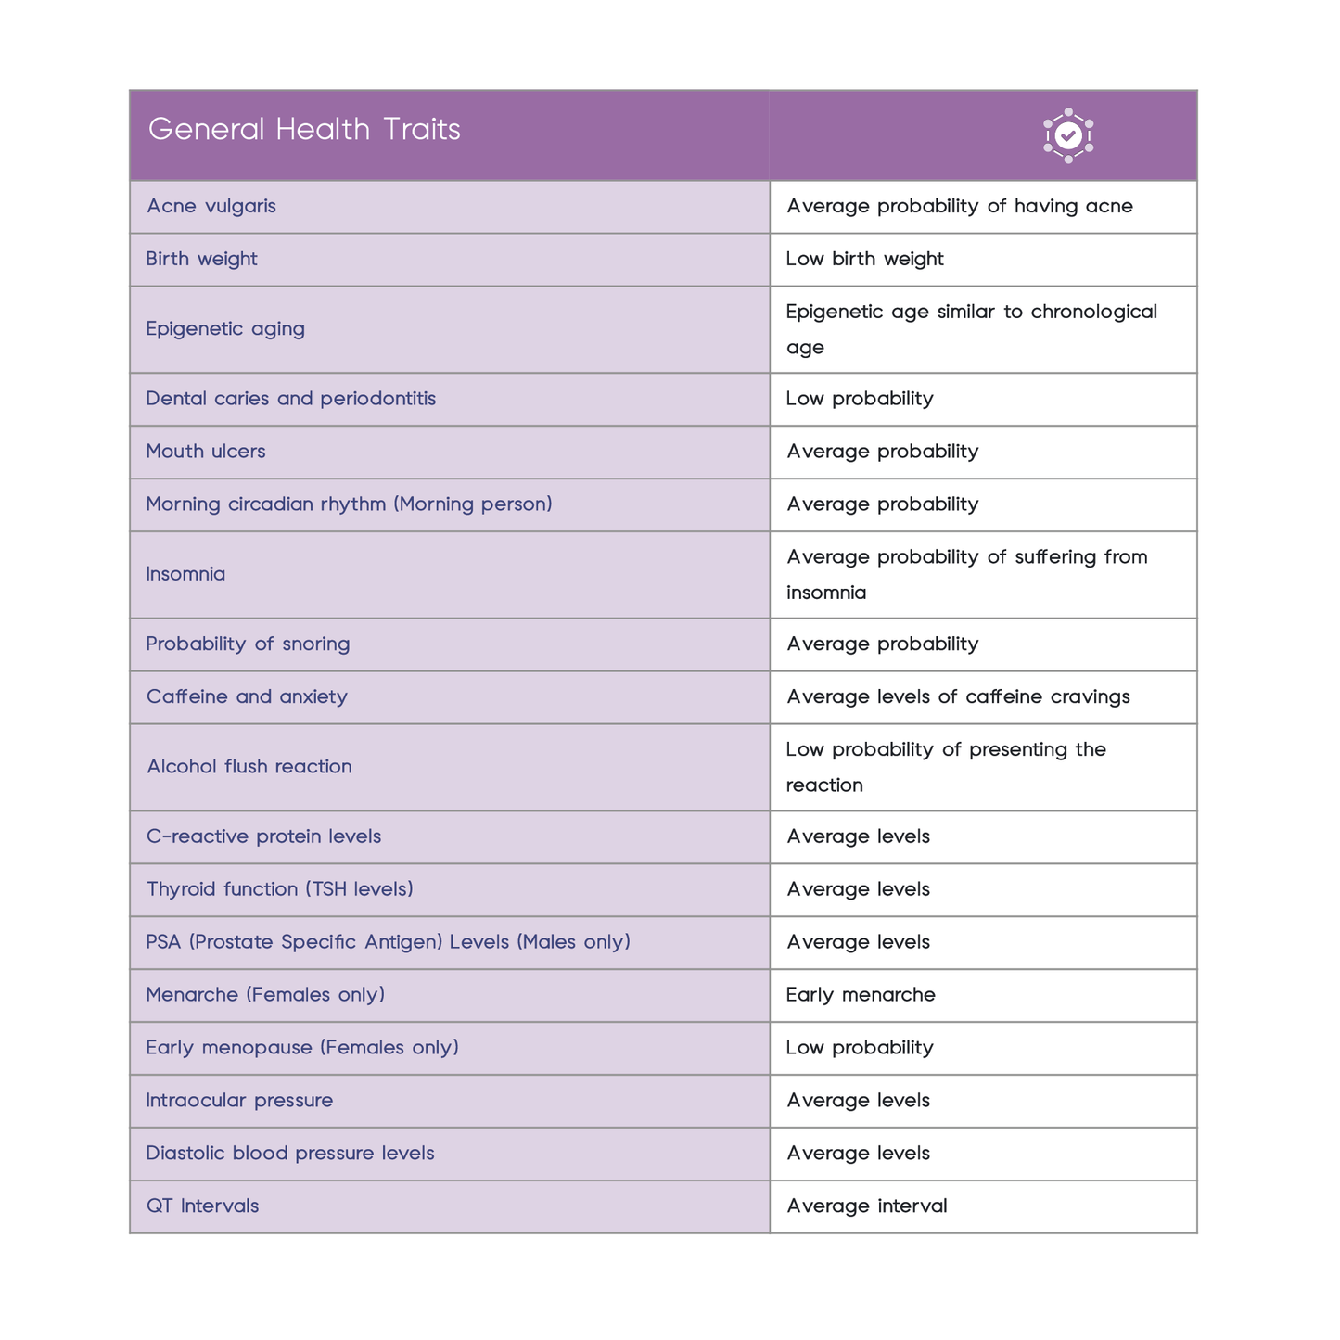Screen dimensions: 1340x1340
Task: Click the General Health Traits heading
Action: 304,130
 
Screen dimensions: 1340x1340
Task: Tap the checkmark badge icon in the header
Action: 1068,135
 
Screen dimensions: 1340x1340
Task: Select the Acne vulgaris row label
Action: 211,206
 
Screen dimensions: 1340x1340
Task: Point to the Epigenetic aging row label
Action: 225,329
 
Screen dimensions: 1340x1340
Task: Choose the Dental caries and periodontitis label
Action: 290,399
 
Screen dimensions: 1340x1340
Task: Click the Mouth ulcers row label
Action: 206,452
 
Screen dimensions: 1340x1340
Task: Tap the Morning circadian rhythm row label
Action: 349,504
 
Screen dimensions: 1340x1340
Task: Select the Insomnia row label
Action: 185,574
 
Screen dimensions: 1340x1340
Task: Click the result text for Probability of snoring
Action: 882,644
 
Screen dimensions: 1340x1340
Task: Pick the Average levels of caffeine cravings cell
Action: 958,697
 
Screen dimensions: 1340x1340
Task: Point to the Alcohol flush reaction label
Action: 249,767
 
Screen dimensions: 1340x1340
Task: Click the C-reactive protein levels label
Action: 263,836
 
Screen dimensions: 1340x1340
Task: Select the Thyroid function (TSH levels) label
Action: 279,889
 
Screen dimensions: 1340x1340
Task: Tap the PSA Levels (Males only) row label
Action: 388,942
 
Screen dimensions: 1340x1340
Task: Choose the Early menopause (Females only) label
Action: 302,1048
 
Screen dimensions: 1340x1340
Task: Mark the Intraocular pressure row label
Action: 239,1101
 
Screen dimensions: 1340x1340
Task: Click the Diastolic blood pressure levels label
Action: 290,1154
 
